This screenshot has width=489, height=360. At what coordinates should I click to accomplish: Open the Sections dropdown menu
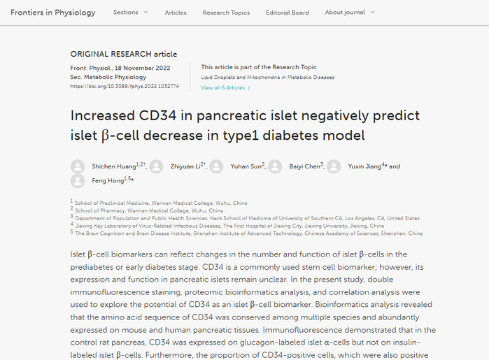[x=131, y=13]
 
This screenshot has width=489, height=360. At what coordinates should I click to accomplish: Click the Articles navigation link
[x=176, y=13]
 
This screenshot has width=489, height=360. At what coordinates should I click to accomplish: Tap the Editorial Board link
[x=287, y=13]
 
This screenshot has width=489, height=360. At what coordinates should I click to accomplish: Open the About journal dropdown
[x=350, y=13]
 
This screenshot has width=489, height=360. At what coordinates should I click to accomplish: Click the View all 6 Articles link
[x=225, y=88]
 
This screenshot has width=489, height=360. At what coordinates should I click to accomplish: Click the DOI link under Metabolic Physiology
[x=125, y=86]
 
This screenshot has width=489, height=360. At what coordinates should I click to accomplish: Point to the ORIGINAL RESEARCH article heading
[x=124, y=54]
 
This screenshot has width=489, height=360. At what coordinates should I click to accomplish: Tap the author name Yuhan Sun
[x=246, y=167]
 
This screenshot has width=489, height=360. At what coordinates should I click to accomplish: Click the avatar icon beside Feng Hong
[x=78, y=181]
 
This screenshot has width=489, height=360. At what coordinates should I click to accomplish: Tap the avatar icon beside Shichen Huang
[x=78, y=166]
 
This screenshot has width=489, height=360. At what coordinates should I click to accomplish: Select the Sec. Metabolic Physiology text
[x=108, y=77]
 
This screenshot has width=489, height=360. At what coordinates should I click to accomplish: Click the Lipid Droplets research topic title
[x=267, y=77]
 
